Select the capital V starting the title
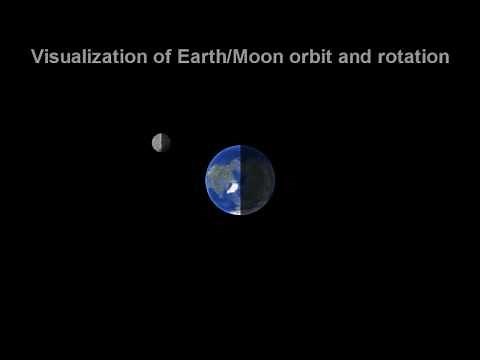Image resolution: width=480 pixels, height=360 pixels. tap(37, 57)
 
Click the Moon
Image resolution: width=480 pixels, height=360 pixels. tap(161, 143)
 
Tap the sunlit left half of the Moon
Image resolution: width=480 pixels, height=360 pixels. tap(157, 143)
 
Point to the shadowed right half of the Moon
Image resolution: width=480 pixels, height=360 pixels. tap(166, 143)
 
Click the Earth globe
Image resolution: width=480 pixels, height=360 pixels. tap(240, 180)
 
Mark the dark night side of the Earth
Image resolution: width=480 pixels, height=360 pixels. tap(258, 180)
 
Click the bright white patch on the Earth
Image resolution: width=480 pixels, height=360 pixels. tap(231, 187)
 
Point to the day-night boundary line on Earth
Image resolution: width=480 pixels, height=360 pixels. tap(241, 165)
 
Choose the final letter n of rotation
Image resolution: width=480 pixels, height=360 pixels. tap(443, 57)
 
